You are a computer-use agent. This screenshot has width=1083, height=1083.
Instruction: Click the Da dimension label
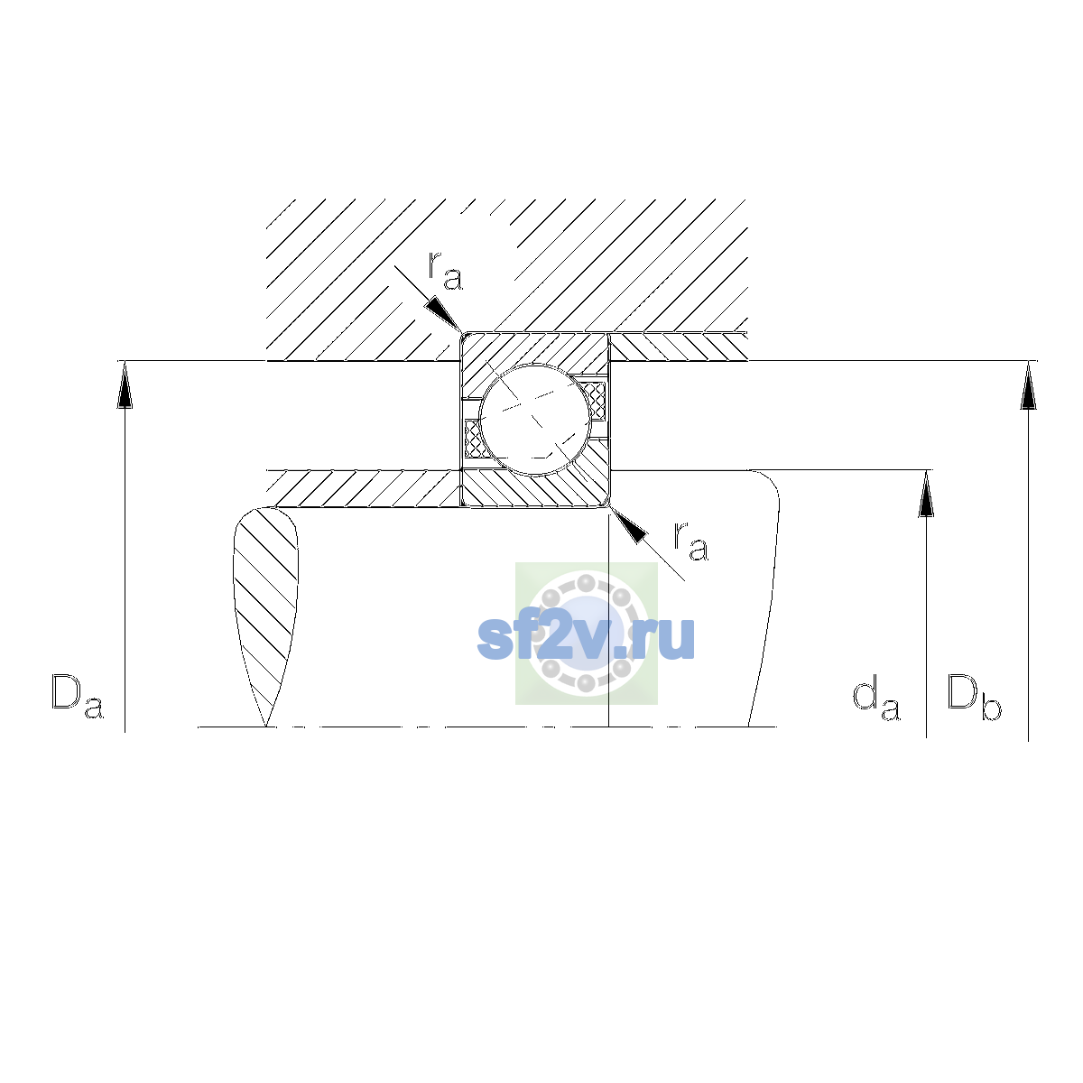78,696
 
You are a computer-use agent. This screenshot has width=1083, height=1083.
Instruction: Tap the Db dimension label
974,697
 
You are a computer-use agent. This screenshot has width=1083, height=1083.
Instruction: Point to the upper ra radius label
445,271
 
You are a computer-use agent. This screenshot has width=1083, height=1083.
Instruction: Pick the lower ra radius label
690,541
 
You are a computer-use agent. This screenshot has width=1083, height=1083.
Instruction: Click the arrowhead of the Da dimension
125,384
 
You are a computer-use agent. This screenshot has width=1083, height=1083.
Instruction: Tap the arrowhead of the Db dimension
1028,384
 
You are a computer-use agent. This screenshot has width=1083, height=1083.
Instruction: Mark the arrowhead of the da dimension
926,493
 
